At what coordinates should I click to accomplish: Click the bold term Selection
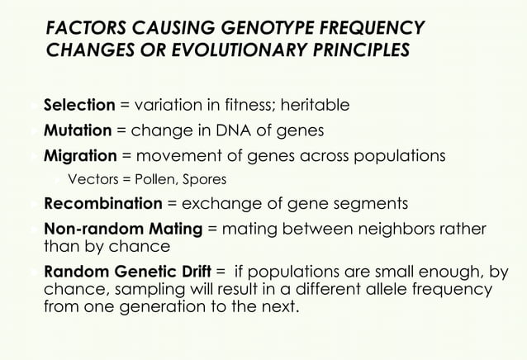pos(79,106)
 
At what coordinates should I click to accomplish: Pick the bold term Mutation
pos(77,130)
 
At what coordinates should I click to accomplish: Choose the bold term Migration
pos(80,155)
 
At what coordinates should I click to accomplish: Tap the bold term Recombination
pos(103,204)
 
